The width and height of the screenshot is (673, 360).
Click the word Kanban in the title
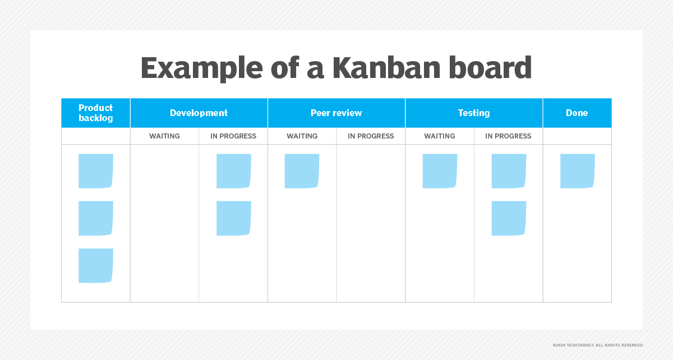click(x=386, y=67)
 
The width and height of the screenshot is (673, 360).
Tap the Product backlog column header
click(x=95, y=113)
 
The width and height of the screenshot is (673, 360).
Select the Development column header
click(x=199, y=113)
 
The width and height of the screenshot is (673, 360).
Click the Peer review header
click(x=336, y=113)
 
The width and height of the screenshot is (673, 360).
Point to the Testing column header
click(x=474, y=113)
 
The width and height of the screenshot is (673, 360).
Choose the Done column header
click(x=577, y=113)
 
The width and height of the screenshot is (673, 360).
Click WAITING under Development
click(x=164, y=136)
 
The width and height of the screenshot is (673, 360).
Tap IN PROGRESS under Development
click(x=233, y=136)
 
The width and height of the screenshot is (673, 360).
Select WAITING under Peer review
click(x=302, y=136)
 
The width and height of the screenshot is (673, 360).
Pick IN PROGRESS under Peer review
click(x=371, y=136)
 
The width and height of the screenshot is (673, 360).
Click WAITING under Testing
click(x=439, y=136)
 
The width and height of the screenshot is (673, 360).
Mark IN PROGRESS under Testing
click(x=508, y=136)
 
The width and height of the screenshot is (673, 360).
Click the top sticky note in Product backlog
click(x=95, y=171)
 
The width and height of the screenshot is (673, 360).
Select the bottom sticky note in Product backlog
click(x=95, y=266)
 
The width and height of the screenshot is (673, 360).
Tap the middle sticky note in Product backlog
click(x=95, y=218)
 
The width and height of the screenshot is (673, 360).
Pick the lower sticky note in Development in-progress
click(x=234, y=218)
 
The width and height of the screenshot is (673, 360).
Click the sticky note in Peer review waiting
click(x=302, y=171)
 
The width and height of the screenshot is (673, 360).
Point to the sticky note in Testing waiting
click(x=440, y=171)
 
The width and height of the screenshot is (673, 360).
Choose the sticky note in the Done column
click(x=578, y=171)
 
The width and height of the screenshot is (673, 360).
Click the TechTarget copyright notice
click(x=598, y=345)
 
